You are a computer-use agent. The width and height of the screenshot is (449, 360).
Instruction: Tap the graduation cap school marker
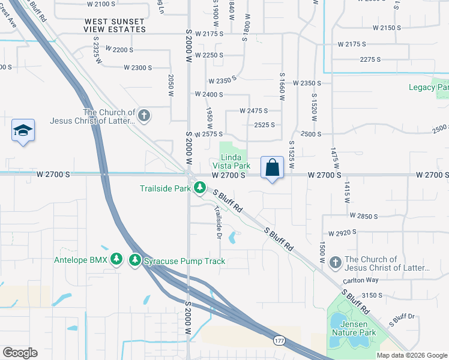click(x=23, y=131)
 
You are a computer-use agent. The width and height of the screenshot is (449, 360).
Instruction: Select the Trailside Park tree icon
click(x=200, y=189)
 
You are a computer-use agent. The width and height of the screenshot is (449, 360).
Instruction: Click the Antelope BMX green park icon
click(x=117, y=260)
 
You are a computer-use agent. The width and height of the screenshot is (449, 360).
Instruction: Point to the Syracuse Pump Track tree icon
click(x=136, y=260)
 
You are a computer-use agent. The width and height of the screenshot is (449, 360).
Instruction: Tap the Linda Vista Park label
click(x=232, y=161)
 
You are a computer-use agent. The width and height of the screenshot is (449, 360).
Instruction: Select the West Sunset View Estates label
click(x=115, y=25)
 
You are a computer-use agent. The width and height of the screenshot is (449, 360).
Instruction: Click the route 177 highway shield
click(x=279, y=341)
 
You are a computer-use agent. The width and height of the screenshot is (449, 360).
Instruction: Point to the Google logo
click(x=20, y=353)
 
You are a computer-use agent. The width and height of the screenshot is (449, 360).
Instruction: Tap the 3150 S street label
click(x=372, y=295)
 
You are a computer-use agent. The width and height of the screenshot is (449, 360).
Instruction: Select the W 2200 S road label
click(x=118, y=50)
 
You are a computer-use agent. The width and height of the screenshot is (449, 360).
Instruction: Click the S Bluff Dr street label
click(x=402, y=317)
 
